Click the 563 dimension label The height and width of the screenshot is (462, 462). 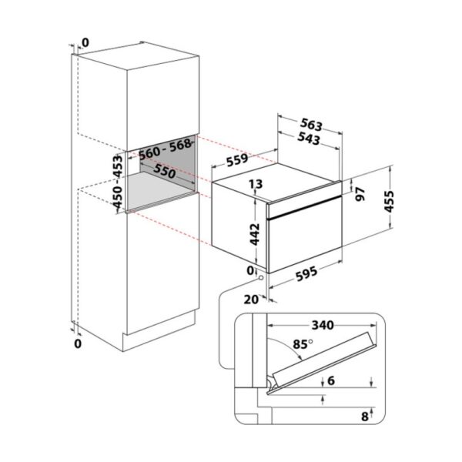(312, 125)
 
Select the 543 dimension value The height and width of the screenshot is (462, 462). (309, 139)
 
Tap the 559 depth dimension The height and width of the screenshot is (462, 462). (237, 159)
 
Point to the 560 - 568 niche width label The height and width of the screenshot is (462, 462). (165, 149)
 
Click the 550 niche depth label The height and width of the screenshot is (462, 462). (165, 171)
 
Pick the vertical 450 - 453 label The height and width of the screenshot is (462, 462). (118, 182)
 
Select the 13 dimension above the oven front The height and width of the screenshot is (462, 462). (255, 184)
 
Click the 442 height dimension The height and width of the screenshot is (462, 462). (255, 234)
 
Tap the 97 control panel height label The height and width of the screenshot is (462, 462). (360, 194)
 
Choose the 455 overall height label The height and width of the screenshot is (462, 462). (389, 202)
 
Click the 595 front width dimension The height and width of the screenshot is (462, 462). (306, 273)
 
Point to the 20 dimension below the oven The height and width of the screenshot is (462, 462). (251, 300)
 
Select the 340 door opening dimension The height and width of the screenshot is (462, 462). (323, 325)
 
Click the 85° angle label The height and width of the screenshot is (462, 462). (303, 344)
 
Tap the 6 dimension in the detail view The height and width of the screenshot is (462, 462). (331, 380)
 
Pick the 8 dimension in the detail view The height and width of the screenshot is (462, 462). (365, 417)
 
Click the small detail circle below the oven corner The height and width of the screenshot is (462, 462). (261, 278)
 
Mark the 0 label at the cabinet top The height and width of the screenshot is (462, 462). (85, 43)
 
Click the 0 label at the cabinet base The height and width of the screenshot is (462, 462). (78, 343)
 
